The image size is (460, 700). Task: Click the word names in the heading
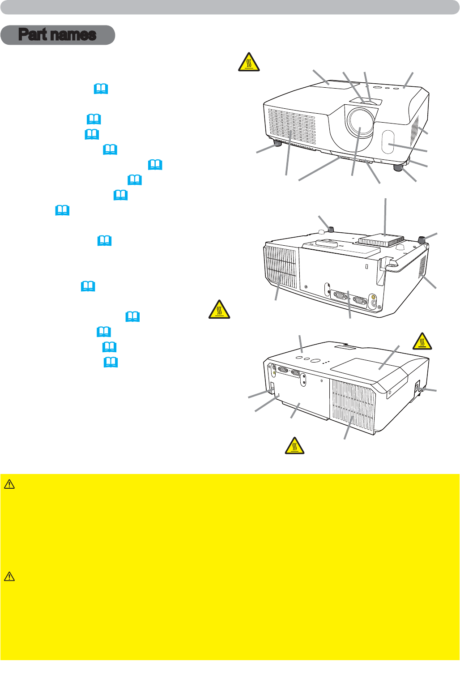73,35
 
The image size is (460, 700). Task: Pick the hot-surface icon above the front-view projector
249,62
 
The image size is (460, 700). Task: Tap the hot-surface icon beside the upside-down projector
219,309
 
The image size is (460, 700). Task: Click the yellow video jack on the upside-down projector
374,297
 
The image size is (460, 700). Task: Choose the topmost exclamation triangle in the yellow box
9,484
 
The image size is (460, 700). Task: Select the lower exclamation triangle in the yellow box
9,576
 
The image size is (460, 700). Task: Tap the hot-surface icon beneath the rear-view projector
295,446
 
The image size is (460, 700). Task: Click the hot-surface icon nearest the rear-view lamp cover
422,341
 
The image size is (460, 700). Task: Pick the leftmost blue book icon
62,210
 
